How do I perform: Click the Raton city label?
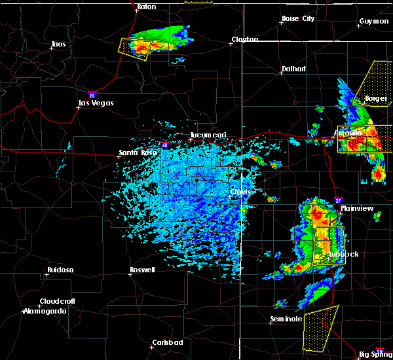pyautogui.click(x=147, y=7)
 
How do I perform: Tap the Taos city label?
pyautogui.click(x=59, y=45)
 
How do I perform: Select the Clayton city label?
pyautogui.click(x=244, y=40)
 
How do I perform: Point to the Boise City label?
pyautogui.click(x=298, y=19)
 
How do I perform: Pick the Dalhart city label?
pyautogui.click(x=294, y=69)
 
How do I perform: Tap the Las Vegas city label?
pyautogui.click(x=96, y=103)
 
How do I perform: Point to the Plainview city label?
pyautogui.click(x=357, y=208)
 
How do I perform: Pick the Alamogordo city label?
pyautogui.click(x=45, y=311)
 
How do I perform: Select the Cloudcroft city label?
pyautogui.click(x=58, y=302)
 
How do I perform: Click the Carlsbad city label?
pyautogui.click(x=166, y=342)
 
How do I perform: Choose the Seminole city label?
pyautogui.click(x=286, y=319)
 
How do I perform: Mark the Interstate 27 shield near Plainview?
pyautogui.click(x=338, y=200)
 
